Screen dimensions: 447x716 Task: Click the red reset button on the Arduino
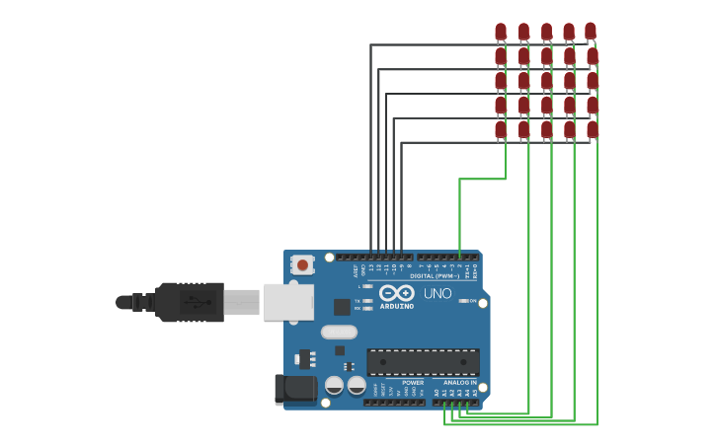coord(302,264)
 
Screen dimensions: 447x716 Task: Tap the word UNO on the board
coord(438,294)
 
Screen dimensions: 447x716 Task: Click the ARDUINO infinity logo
coord(397,294)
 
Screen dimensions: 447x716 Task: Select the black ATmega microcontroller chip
coord(423,361)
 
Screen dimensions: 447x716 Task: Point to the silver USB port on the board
coord(288,302)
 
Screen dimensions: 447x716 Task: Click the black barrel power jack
coord(294,389)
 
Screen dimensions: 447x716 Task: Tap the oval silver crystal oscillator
coord(339,332)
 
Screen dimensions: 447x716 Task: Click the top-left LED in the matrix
coord(501,32)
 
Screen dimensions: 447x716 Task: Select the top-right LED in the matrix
coord(591,32)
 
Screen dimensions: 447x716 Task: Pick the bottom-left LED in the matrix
coord(501,129)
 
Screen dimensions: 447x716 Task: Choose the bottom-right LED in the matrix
coord(592,129)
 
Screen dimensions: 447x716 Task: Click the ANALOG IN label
coord(459,382)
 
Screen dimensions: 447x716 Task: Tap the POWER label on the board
coord(413,382)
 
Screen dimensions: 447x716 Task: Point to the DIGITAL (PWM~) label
coord(435,276)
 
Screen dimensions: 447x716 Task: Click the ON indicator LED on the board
coord(463,301)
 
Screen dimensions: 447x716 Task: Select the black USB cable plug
coord(188,302)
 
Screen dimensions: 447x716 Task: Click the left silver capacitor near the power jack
coord(335,385)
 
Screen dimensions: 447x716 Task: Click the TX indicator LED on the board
coord(367,300)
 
